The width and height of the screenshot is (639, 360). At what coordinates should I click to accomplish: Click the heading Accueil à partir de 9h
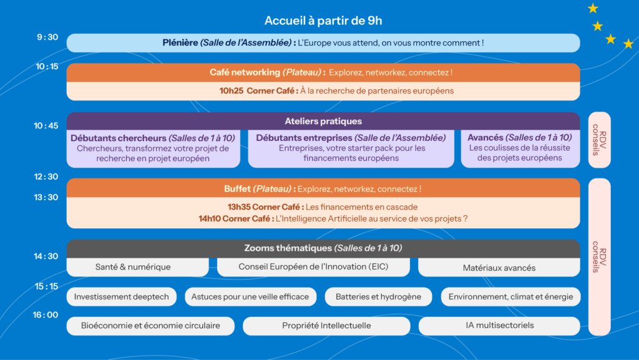coord(323,21)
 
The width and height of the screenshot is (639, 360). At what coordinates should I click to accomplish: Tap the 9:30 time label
coord(47,37)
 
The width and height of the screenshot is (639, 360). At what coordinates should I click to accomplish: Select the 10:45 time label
coord(46,126)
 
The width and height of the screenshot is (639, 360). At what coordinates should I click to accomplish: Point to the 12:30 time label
coord(46,177)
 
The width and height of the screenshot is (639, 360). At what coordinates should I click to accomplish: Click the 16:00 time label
coord(46,315)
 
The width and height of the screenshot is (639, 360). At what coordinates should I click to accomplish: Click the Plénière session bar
coord(323,43)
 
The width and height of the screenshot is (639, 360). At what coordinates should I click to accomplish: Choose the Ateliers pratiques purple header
coord(323,121)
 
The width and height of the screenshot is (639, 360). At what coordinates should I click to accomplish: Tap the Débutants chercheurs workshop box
coord(153,148)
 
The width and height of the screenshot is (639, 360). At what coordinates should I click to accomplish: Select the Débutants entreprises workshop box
coord(351,148)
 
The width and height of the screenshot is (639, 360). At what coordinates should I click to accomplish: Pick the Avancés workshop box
coord(520,148)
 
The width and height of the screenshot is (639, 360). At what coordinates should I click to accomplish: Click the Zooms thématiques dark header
coord(323,248)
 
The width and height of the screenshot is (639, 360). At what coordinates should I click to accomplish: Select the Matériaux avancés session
coord(499,268)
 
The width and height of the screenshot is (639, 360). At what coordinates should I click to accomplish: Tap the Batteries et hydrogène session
coord(378,297)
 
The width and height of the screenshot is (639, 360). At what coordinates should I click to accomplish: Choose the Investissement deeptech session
coord(122,297)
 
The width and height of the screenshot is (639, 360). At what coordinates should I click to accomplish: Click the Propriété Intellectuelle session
coord(326,326)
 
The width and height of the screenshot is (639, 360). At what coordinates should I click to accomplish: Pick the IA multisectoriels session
coord(499,326)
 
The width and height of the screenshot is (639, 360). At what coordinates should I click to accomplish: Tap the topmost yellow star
coord(593,8)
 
